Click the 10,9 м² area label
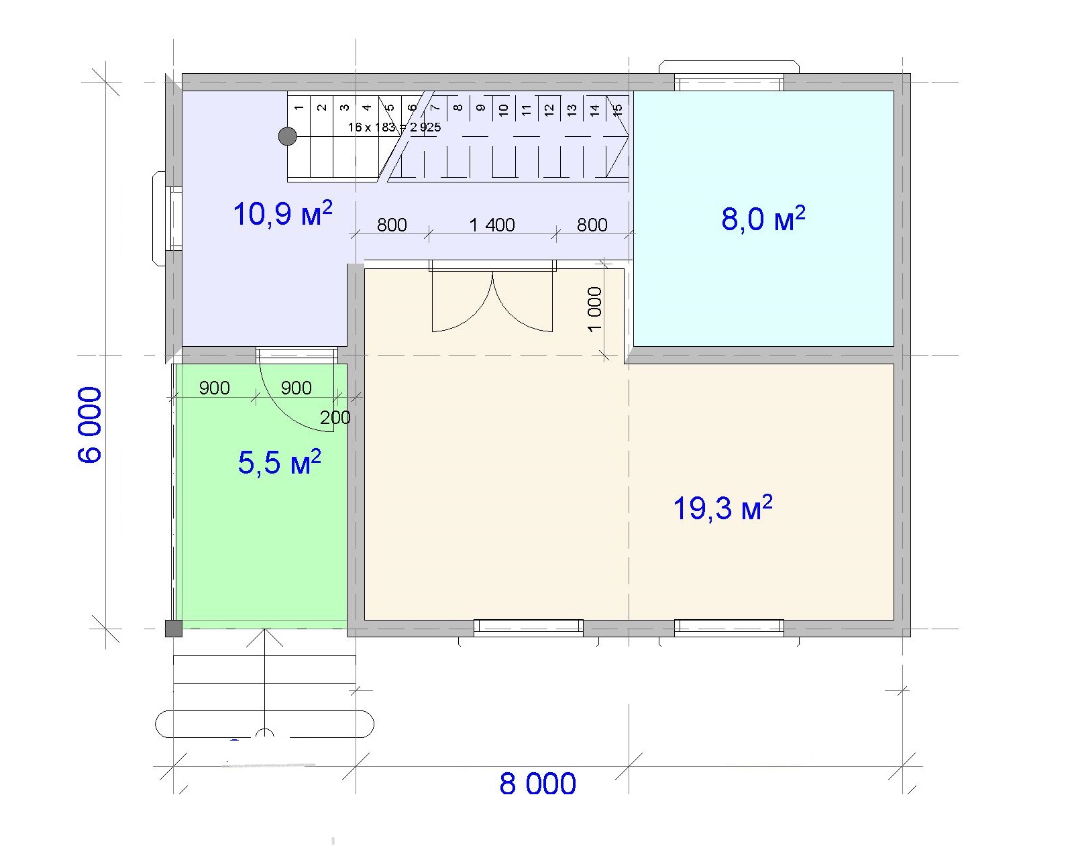282,213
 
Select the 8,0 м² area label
763,219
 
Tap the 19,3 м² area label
722,508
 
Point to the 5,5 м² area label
280,462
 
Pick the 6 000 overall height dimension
91,425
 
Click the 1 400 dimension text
492,225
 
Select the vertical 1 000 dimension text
595,309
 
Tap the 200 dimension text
335,417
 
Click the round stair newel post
288,136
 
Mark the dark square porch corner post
174,629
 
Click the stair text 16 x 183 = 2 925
394,127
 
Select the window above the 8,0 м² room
729,83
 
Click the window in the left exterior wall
174,218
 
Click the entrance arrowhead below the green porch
264,637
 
